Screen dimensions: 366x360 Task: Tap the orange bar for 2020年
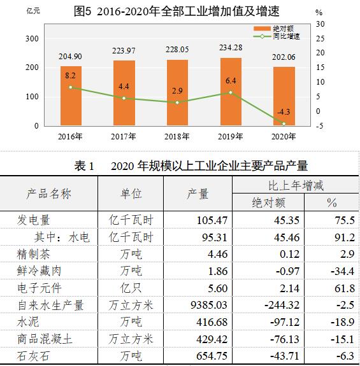point(284,96)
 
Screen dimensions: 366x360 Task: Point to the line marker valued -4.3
point(284,123)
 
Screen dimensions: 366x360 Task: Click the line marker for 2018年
point(178,102)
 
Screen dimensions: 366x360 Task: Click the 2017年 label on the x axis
point(124,137)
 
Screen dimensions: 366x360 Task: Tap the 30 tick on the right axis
point(320,24)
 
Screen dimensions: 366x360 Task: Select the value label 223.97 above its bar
point(124,51)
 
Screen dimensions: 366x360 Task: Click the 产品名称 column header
point(49,194)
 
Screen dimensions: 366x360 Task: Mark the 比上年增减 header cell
point(296,186)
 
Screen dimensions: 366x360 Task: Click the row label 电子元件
point(40,288)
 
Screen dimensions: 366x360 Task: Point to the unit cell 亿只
point(131,288)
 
